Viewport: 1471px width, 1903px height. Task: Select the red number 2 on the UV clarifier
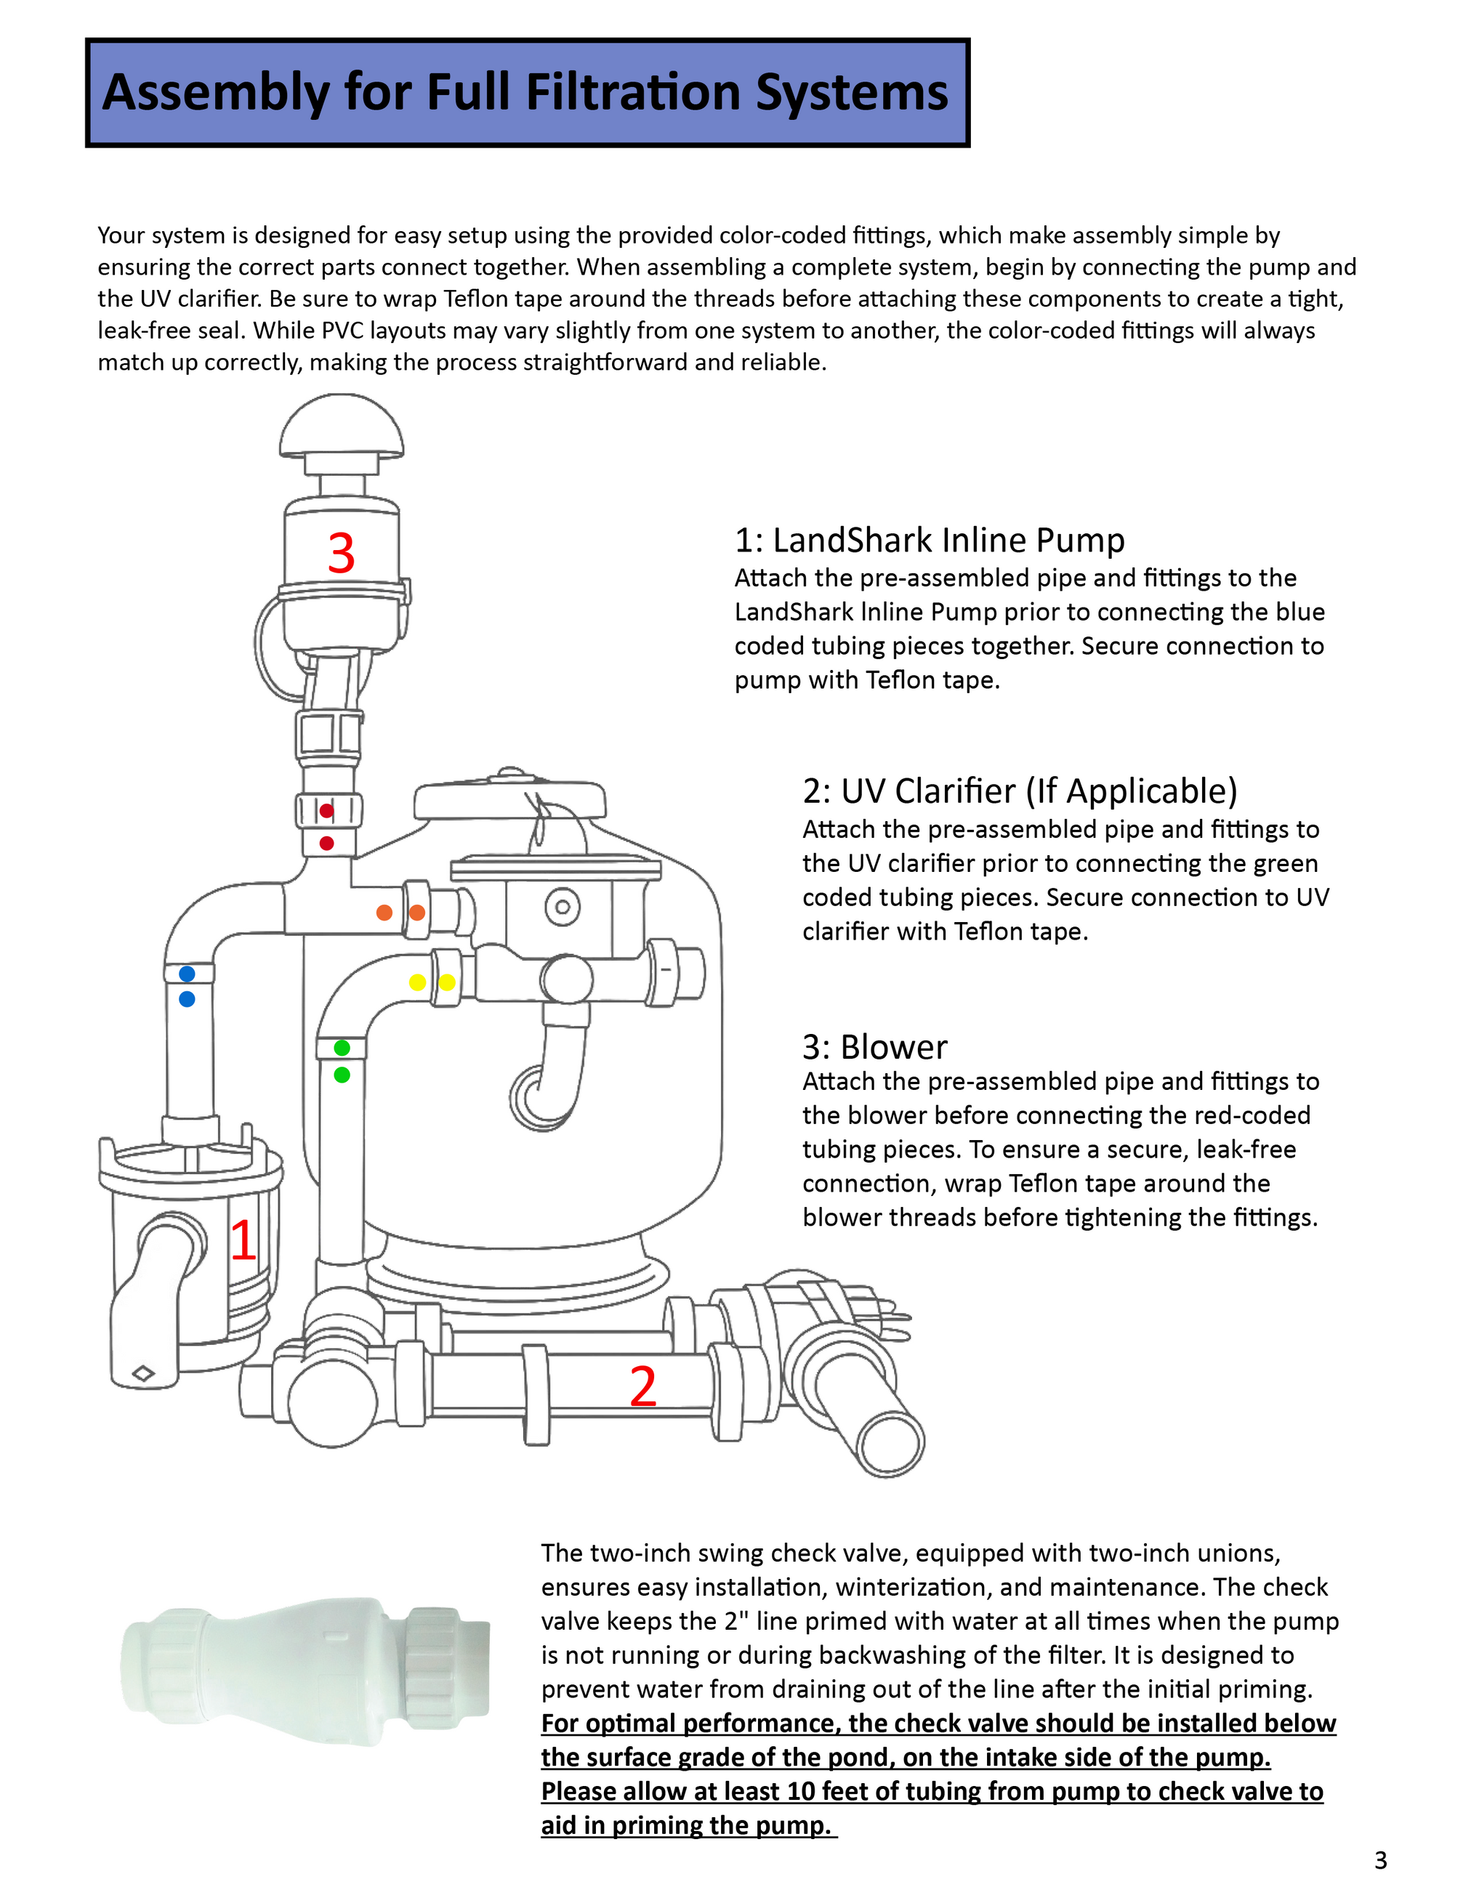pyautogui.click(x=643, y=1386)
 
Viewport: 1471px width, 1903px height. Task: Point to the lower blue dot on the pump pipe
pyautogui.click(x=187, y=999)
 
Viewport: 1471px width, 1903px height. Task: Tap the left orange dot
pyautogui.click(x=384, y=913)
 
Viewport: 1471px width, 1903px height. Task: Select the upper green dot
pyautogui.click(x=342, y=1047)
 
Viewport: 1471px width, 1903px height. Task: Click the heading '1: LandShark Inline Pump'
pyautogui.click(x=929, y=540)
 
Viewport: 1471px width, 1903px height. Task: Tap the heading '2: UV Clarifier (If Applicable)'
pyautogui.click(x=1020, y=791)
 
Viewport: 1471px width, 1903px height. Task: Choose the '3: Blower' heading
pyautogui.click(x=874, y=1046)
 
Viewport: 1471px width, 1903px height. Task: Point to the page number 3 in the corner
pyautogui.click(x=1380, y=1859)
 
